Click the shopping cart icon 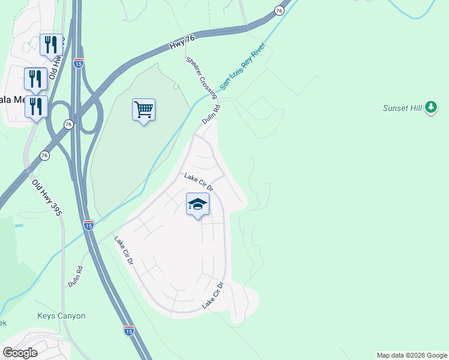tap(143, 110)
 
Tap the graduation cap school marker tap(197, 205)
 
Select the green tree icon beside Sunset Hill tap(430, 108)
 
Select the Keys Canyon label tap(61, 316)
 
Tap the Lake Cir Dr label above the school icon tap(199, 182)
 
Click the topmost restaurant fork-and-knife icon tap(51, 44)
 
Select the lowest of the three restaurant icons tap(35, 106)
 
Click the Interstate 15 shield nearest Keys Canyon tap(128, 329)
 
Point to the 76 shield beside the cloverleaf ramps tap(69, 124)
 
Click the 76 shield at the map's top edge tap(279, 10)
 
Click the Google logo tap(20, 352)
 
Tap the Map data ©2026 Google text tap(412, 355)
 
